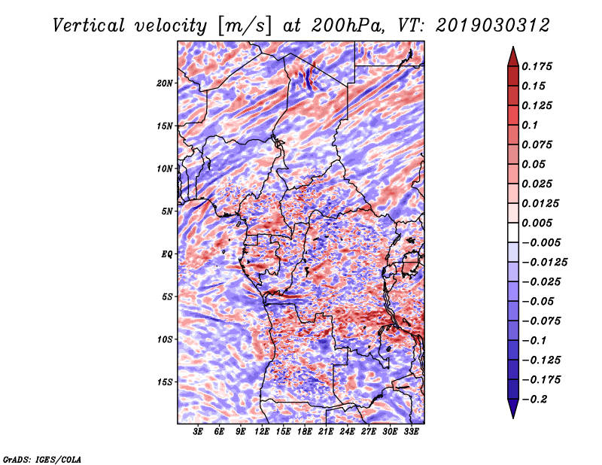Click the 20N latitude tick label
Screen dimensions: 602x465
165,84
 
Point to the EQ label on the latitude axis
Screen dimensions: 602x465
167,254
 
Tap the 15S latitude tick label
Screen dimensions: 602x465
165,382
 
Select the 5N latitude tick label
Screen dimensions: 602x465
167,211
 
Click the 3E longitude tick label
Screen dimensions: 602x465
198,431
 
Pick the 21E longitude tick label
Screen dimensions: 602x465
326,431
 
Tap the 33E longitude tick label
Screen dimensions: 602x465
411,431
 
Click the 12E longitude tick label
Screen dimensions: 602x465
262,431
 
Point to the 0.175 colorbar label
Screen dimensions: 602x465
537,66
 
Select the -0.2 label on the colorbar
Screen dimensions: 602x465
534,400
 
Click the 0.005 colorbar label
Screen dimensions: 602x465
537,223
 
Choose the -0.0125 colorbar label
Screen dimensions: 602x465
544,263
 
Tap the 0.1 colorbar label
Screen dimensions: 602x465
530,125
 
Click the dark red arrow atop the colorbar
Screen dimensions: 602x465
513,57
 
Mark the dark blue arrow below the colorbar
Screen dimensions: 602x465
513,409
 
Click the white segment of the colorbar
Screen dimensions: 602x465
513,232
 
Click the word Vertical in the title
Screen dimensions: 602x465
89,26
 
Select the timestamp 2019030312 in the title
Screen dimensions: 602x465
493,26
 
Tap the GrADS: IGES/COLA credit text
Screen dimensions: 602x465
42,460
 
